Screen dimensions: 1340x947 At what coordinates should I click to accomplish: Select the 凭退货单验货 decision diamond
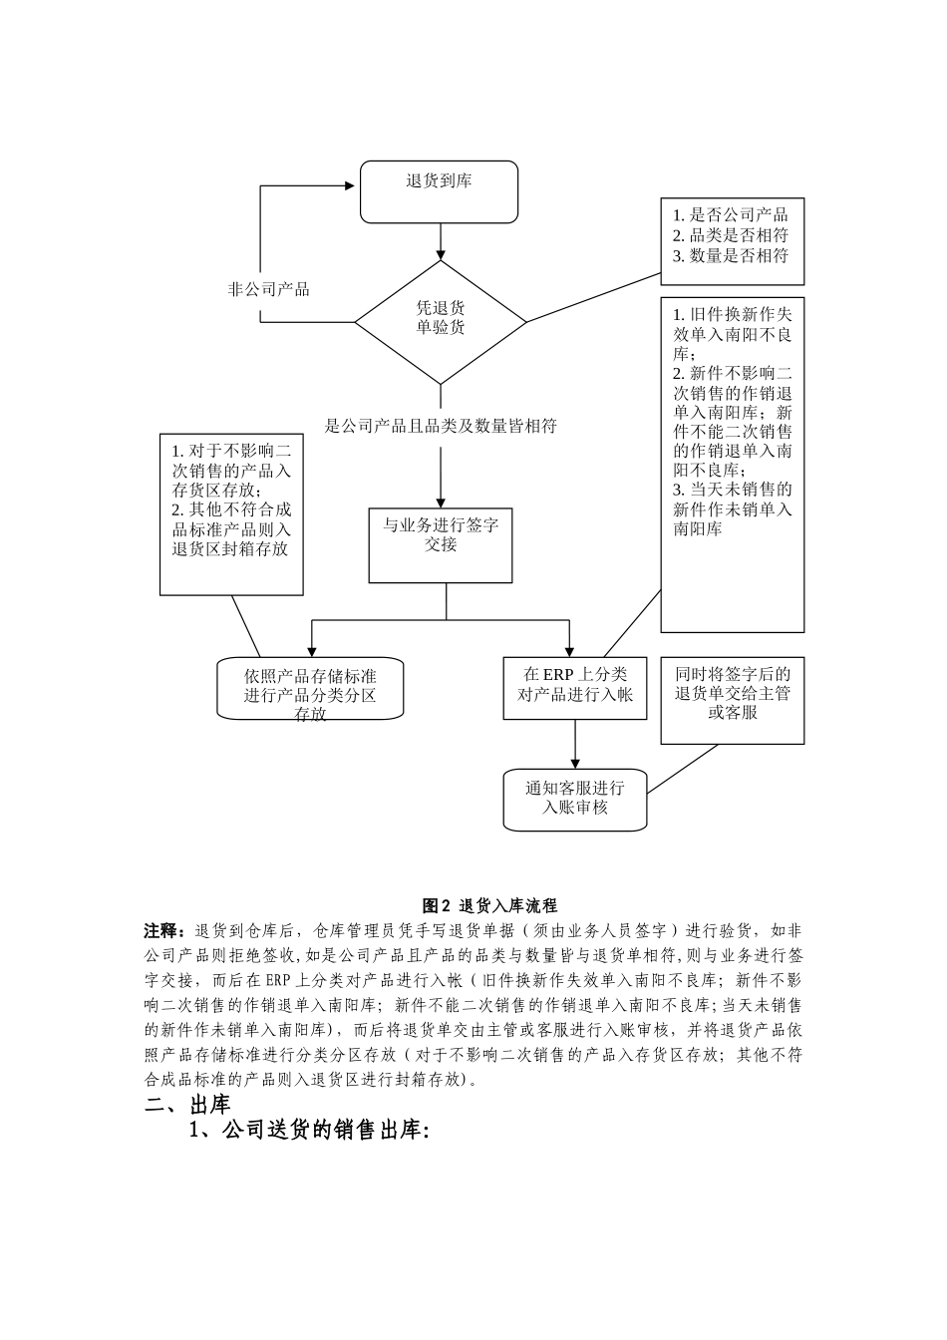(x=441, y=319)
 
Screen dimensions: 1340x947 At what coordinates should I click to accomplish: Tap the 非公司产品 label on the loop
(x=269, y=289)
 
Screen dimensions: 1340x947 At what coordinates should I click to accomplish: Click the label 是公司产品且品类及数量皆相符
(x=441, y=427)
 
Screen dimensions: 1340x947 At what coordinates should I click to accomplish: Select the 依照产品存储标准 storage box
(x=310, y=687)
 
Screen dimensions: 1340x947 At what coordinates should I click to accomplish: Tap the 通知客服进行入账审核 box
(x=575, y=799)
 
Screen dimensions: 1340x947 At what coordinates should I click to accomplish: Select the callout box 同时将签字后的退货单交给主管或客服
(x=733, y=699)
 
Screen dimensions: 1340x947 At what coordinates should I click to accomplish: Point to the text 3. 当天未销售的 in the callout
(x=733, y=490)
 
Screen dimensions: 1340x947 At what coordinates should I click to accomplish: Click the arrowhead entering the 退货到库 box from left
(x=351, y=185)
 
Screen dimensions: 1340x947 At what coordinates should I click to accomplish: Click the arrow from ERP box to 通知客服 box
(x=575, y=744)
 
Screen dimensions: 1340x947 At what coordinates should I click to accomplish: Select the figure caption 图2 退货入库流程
(x=489, y=905)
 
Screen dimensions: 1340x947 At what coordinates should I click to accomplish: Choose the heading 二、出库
(x=188, y=1105)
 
